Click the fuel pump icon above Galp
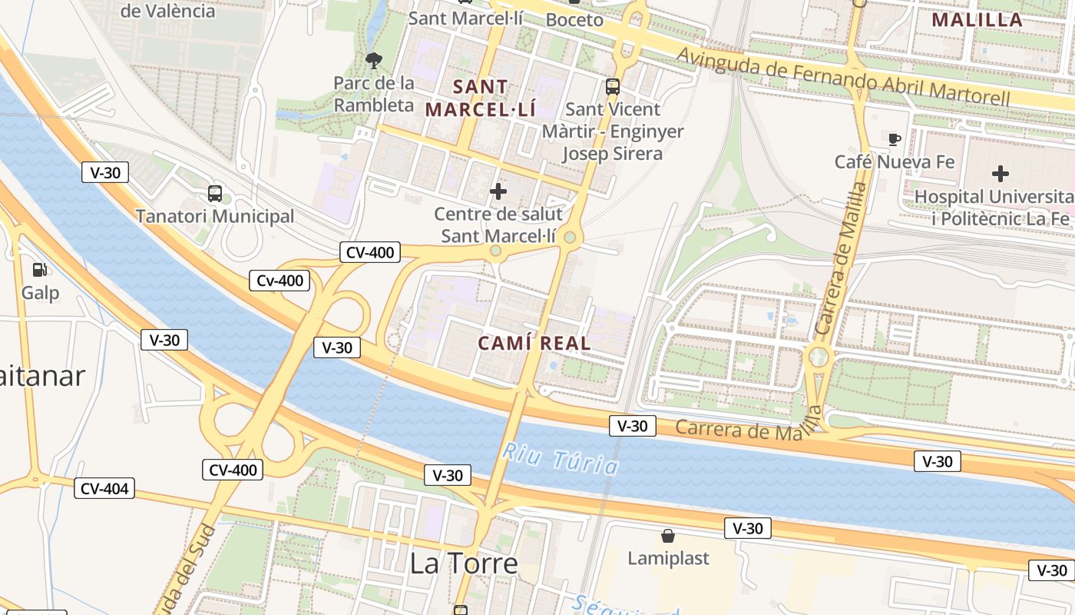(x=38, y=269)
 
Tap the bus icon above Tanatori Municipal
(x=215, y=194)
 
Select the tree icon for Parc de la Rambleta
(x=374, y=59)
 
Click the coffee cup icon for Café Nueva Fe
(x=895, y=139)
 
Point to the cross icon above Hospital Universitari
(x=1000, y=174)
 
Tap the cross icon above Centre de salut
(x=498, y=191)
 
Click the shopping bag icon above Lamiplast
(x=668, y=535)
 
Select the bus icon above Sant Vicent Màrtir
(x=612, y=87)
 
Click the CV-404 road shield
(x=104, y=488)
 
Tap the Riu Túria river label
(x=561, y=458)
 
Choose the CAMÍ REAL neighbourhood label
(x=534, y=344)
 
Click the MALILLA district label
(x=977, y=20)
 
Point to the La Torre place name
(x=463, y=564)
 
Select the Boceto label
(x=574, y=20)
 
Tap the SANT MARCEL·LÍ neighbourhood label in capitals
(x=481, y=98)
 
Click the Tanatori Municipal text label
(x=215, y=216)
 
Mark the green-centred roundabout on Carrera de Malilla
(x=819, y=357)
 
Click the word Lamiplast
(x=668, y=558)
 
